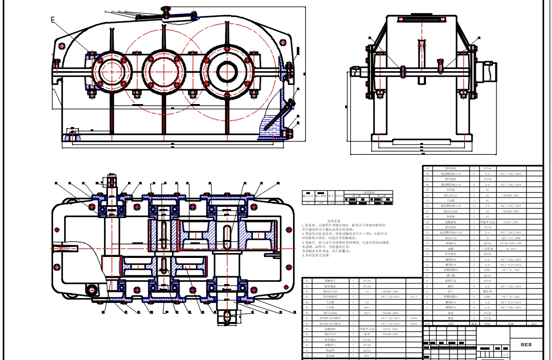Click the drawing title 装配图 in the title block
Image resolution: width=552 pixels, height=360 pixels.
pyautogui.click(x=526, y=345)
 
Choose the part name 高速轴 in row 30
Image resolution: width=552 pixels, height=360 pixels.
pyautogui.click(x=328, y=356)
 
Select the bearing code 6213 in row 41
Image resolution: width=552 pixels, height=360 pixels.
pyautogui.click(x=414, y=297)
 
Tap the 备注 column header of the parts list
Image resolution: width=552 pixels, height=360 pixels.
pyautogui.click(x=534, y=323)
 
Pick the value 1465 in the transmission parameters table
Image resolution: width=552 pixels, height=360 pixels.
pyautogui.click(x=320, y=203)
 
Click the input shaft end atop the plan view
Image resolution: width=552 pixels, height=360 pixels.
pyautogui.click(x=111, y=181)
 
